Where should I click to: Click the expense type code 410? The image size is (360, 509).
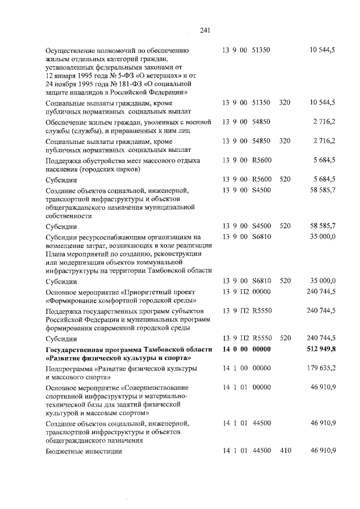click(285, 451)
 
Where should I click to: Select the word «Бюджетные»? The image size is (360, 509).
click(64, 451)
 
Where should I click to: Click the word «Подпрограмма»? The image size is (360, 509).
click(70, 369)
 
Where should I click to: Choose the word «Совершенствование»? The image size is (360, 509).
click(155, 388)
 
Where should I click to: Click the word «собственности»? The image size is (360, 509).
click(70, 215)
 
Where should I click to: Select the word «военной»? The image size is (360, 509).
click(198, 121)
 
